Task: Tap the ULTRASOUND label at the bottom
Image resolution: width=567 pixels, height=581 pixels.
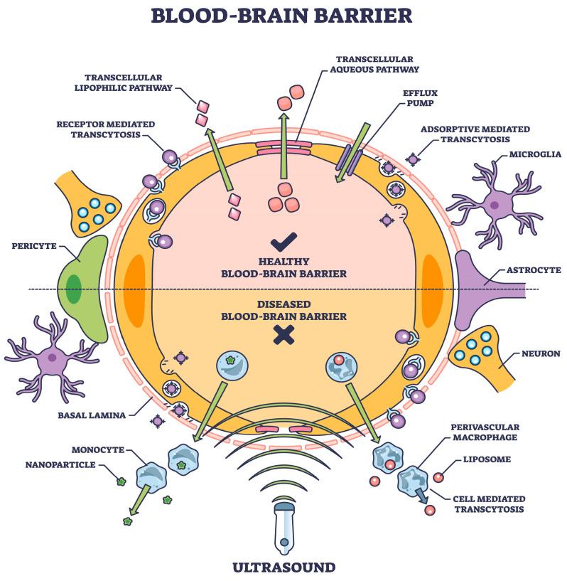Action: [283, 567]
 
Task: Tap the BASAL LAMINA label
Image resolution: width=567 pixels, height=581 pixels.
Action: [91, 414]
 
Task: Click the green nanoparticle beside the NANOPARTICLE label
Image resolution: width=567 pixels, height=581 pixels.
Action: [121, 481]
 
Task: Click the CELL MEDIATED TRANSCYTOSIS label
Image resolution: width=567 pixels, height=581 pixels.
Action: [489, 503]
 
